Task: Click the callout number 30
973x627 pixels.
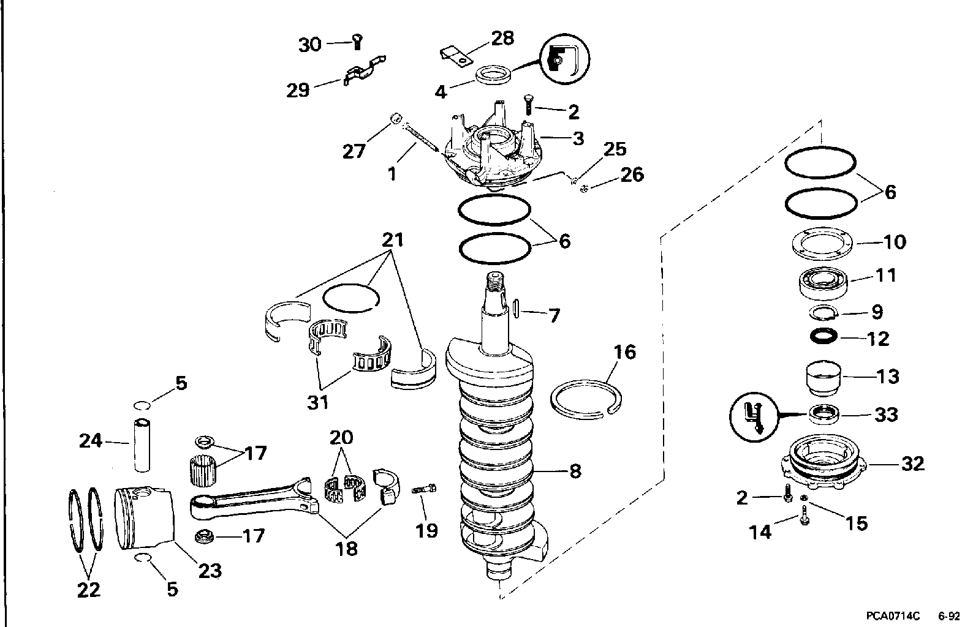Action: click(x=309, y=45)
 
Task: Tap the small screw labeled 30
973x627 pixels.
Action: click(x=357, y=42)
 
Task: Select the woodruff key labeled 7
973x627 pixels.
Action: click(x=516, y=309)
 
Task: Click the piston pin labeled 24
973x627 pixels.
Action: click(x=142, y=445)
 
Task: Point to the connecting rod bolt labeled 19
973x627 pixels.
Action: click(x=423, y=489)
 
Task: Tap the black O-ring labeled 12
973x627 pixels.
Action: click(x=824, y=337)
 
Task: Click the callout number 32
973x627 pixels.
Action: click(x=912, y=464)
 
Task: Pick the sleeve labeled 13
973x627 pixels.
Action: click(x=823, y=378)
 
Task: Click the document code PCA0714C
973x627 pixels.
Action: click(x=893, y=616)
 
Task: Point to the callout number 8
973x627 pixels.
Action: click(x=575, y=471)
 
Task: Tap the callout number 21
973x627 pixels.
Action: click(x=393, y=239)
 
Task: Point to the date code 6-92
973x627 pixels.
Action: click(x=948, y=616)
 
